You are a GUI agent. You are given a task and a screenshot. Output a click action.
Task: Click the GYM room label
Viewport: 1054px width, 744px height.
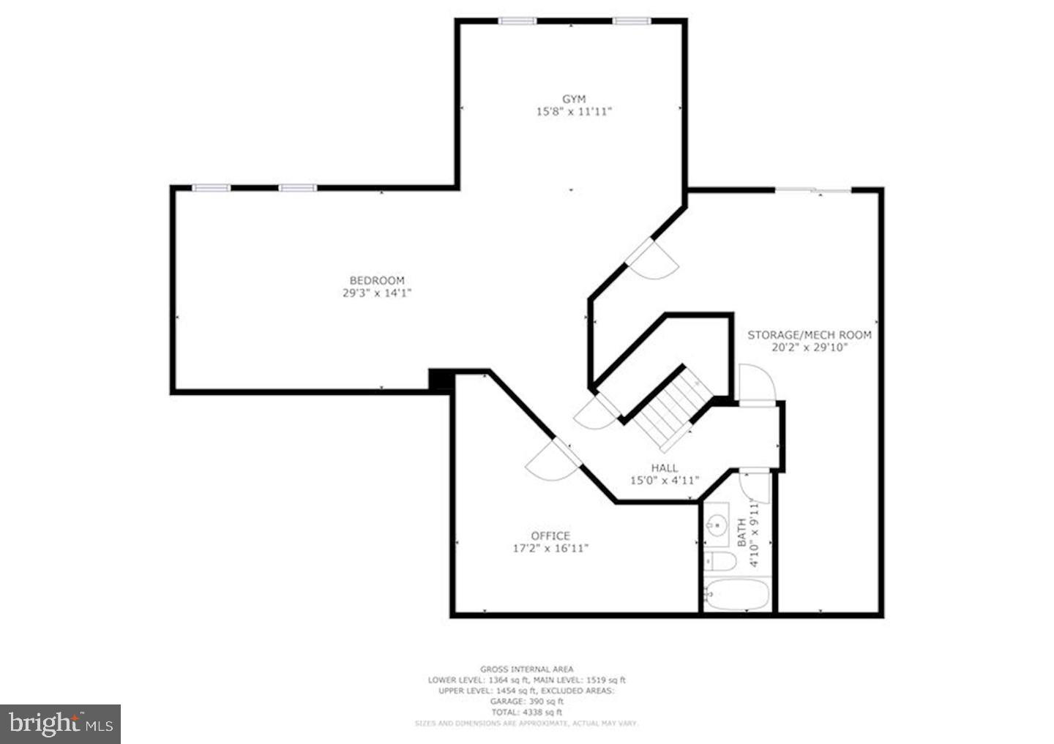(x=574, y=99)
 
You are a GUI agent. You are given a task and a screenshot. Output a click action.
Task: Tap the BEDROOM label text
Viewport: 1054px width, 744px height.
(x=376, y=280)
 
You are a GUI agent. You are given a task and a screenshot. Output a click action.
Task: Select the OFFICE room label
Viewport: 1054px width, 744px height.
(x=550, y=536)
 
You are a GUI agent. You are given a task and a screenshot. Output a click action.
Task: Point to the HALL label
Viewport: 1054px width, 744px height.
(x=665, y=467)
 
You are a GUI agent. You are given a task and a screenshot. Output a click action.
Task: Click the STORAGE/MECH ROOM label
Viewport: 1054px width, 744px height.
(x=810, y=335)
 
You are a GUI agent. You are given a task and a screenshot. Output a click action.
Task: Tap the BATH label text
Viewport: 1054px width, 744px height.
(x=741, y=532)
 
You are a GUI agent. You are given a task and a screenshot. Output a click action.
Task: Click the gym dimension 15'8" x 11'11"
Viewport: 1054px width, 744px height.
(x=574, y=112)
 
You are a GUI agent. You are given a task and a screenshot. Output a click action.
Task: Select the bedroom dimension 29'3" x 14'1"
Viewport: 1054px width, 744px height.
(x=376, y=293)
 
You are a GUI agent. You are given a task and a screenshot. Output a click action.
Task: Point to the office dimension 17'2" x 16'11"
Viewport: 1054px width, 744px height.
(x=550, y=548)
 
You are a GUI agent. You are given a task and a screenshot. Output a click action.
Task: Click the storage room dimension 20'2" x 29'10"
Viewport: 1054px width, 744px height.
(x=810, y=347)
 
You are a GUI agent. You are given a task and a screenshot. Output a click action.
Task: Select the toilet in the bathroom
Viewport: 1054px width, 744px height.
(x=720, y=562)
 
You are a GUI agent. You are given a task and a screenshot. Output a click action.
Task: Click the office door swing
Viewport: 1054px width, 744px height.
(x=550, y=462)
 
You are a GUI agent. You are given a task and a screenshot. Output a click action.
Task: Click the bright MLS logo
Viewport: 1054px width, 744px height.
(x=60, y=724)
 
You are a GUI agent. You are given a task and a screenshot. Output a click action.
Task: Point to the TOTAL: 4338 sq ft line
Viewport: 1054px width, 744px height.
(x=527, y=712)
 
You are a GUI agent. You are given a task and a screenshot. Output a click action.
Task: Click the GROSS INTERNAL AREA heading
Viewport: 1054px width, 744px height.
(x=527, y=669)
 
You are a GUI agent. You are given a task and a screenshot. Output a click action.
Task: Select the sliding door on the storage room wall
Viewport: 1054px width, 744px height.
(x=812, y=190)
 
